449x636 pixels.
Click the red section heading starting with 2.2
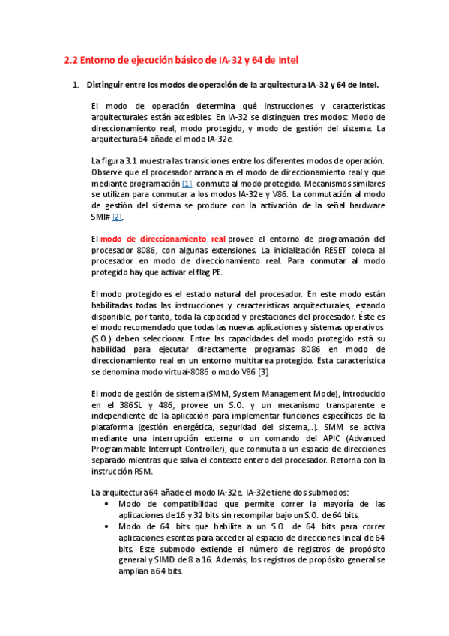(x=184, y=60)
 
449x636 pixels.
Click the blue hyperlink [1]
(x=187, y=184)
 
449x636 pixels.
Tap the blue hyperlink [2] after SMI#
(x=117, y=217)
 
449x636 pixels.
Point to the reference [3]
(x=263, y=372)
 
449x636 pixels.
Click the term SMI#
(x=100, y=217)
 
